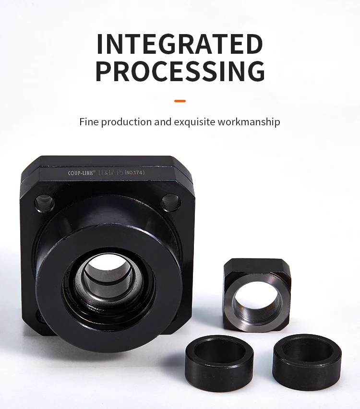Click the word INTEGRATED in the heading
(180, 45)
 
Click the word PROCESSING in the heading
(180, 71)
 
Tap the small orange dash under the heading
(180, 101)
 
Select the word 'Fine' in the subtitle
(88, 122)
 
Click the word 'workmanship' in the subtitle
(249, 122)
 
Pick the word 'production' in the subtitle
(126, 122)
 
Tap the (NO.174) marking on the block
(135, 172)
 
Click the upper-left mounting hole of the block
(44, 203)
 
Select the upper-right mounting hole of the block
(170, 202)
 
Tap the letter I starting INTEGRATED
(100, 45)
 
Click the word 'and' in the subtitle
(162, 122)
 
